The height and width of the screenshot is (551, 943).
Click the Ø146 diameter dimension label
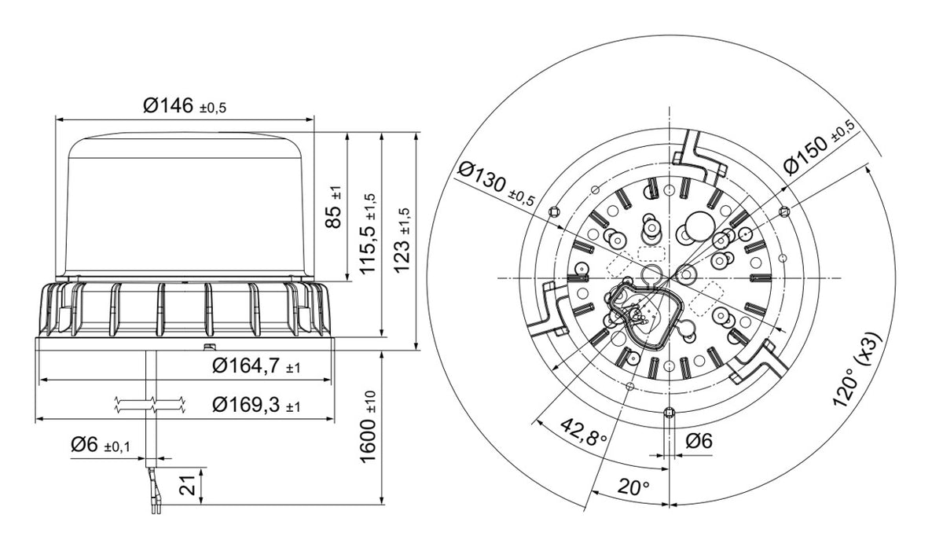[185, 105]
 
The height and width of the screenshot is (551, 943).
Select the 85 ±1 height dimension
[333, 207]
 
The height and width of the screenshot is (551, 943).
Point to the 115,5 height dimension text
[367, 234]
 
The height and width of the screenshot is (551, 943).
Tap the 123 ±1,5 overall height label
[402, 241]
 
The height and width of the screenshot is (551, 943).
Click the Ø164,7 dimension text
[256, 365]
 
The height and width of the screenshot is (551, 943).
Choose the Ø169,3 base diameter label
[256, 405]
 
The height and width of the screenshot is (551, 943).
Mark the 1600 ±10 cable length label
[368, 427]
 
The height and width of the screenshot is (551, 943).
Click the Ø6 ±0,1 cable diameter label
[101, 445]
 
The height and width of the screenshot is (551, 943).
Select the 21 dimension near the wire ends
[187, 485]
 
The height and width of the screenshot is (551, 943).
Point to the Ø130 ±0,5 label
[496, 185]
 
